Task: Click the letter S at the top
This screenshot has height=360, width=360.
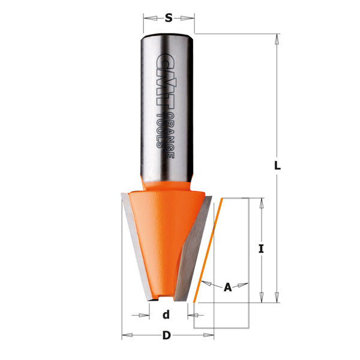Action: [x=169, y=18]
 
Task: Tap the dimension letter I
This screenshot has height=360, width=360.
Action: [x=261, y=248]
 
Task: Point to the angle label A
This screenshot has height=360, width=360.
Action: [x=227, y=287]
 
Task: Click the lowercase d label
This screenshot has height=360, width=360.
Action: [x=166, y=314]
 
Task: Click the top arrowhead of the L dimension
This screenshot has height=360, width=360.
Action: [x=277, y=39]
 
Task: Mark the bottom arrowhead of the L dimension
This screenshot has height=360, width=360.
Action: [x=277, y=297]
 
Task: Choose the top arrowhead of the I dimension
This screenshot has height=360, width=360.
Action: [x=261, y=203]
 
